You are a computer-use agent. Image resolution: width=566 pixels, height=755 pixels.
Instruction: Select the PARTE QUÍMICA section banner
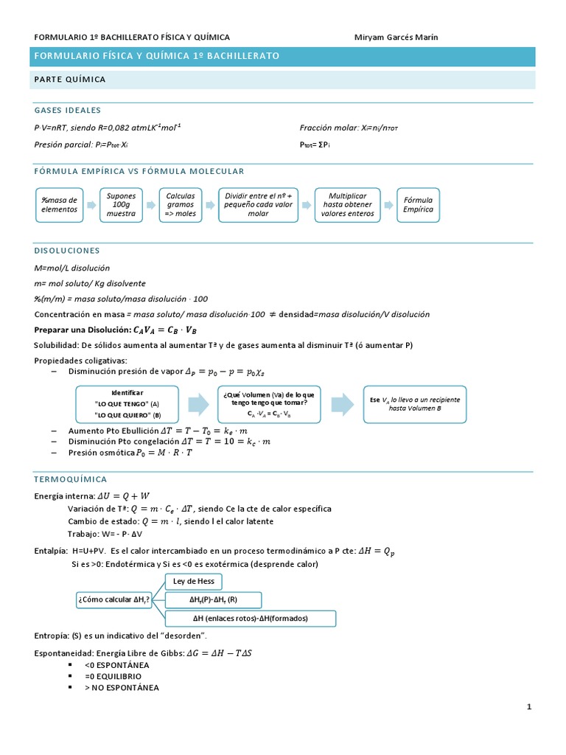[x=70, y=79]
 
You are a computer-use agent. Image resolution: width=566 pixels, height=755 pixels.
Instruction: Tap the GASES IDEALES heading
[x=68, y=111]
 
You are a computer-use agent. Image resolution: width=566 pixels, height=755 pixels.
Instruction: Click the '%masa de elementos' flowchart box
[x=59, y=204]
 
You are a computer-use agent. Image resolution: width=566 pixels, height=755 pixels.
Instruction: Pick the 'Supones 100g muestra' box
[x=122, y=204]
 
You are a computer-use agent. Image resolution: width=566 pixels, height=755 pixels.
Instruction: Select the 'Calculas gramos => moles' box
[x=181, y=204]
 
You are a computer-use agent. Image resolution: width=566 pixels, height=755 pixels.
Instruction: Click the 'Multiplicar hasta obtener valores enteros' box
[x=347, y=204]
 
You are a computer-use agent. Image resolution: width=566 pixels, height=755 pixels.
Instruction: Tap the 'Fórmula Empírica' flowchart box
[x=419, y=204]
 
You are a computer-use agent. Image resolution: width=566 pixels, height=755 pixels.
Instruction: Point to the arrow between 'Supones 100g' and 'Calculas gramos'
[x=151, y=204]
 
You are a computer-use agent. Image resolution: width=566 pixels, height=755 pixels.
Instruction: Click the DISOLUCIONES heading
[x=67, y=251]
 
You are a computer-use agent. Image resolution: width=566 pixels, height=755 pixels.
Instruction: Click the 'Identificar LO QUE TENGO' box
[x=127, y=404]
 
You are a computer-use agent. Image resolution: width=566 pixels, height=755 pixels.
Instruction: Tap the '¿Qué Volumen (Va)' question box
[x=268, y=404]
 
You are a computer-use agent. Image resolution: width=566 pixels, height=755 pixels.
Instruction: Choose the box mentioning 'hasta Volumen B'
[x=414, y=403]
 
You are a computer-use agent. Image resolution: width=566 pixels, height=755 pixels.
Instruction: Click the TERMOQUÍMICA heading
[x=71, y=479]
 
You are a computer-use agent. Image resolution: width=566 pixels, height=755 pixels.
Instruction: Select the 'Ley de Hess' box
[x=193, y=581]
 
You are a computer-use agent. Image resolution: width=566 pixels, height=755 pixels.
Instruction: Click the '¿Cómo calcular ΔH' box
[x=114, y=599]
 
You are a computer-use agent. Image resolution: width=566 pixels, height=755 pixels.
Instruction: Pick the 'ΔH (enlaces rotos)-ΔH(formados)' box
[x=251, y=618]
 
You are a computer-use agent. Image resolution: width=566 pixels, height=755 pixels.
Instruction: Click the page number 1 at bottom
[x=529, y=708]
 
